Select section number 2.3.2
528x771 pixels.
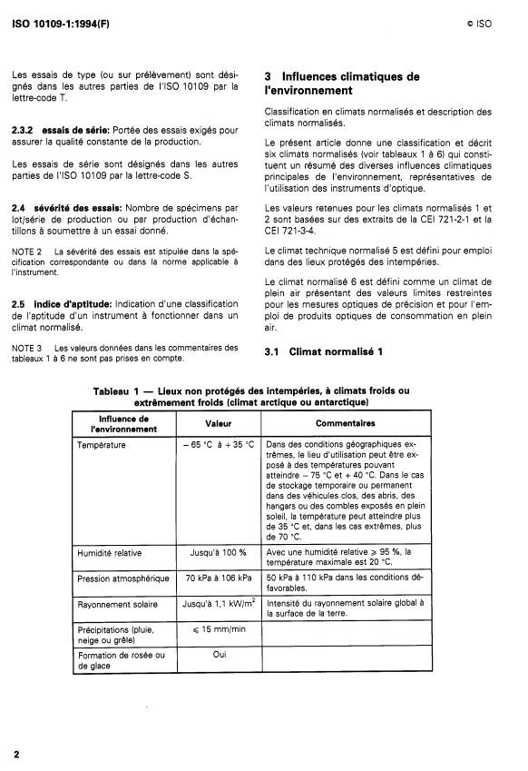tap(24, 131)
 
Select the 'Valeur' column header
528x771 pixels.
tap(218, 423)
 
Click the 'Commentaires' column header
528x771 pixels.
tap(345, 423)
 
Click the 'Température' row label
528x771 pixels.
tap(103, 445)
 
